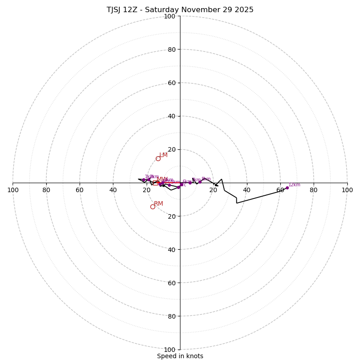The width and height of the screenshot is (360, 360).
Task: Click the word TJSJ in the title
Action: [115, 10]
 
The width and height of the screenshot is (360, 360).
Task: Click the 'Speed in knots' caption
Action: [180, 356]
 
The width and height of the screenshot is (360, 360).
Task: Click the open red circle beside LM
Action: [158, 158]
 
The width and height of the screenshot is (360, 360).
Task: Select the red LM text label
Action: [163, 155]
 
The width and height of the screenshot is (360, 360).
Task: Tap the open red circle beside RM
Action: [153, 207]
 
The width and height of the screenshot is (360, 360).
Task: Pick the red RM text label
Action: [158, 204]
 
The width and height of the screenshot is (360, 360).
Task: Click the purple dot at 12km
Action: [287, 188]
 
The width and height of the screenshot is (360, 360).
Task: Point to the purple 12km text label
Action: [294, 185]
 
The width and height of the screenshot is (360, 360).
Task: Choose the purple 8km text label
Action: [206, 179]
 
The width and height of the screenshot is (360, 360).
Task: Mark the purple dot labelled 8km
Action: [200, 182]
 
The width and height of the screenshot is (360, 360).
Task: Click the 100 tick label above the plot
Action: [170, 16]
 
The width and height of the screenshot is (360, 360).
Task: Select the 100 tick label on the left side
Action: [13, 190]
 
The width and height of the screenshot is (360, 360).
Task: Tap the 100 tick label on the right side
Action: [347, 190]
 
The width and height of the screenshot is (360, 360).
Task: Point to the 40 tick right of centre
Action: [247, 190]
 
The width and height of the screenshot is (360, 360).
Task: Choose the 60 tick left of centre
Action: [80, 190]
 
